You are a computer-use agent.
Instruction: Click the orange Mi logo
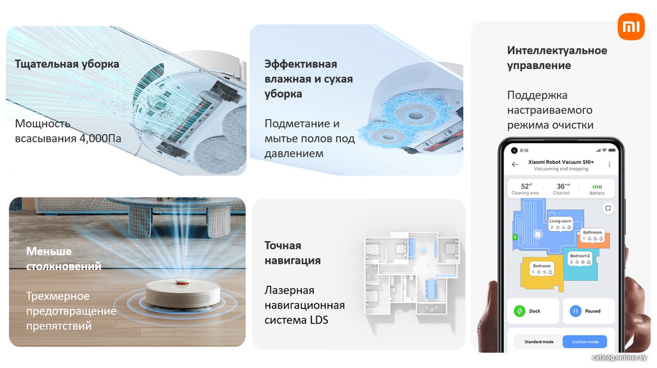631,26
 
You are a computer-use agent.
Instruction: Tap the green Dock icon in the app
519,311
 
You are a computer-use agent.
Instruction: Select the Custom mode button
585,342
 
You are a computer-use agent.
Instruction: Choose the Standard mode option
539,342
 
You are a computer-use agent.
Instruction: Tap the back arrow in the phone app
515,165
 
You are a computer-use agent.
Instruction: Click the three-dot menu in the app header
609,165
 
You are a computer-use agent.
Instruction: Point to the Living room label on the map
560,221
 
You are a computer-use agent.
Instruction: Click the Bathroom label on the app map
592,232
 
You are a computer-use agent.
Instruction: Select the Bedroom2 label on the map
580,256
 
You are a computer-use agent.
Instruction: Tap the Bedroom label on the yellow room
542,266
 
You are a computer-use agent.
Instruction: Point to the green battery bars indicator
597,187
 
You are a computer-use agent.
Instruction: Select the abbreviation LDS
319,320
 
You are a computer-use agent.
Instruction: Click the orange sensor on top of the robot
183,283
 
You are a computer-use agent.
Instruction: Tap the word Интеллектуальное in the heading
557,51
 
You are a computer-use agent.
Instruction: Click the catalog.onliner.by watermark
619,357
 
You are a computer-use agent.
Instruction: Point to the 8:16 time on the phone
524,151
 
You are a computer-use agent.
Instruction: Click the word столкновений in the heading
64,266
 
